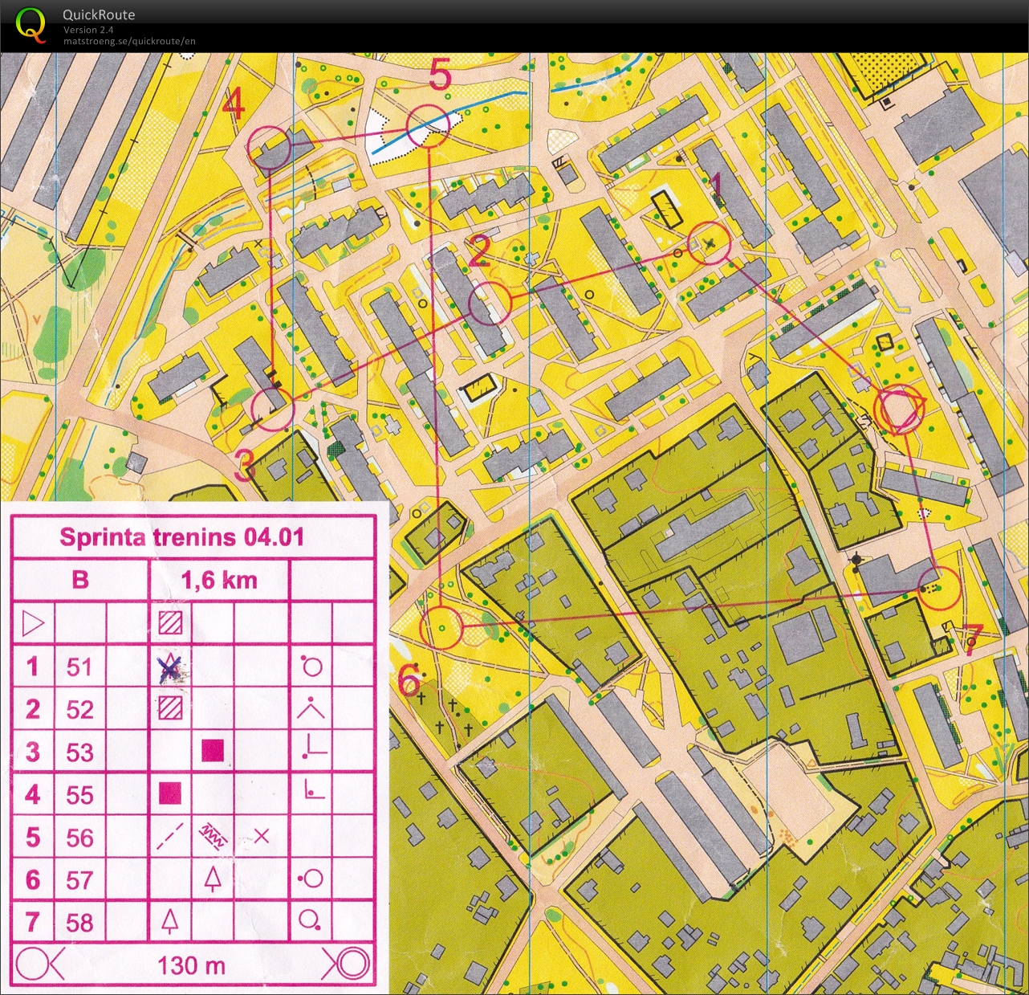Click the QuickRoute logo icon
[31, 24]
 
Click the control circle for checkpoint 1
[710, 243]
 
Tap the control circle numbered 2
[490, 304]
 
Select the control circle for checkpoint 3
[273, 408]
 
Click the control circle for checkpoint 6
[441, 627]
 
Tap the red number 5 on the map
[440, 75]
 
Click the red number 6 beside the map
[409, 682]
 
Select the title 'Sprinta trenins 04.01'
[182, 537]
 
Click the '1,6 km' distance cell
[219, 580]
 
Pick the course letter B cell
[80, 580]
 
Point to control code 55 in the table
[79, 795]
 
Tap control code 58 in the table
[79, 923]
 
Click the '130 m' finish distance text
[191, 964]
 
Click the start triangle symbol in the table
[32, 623]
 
